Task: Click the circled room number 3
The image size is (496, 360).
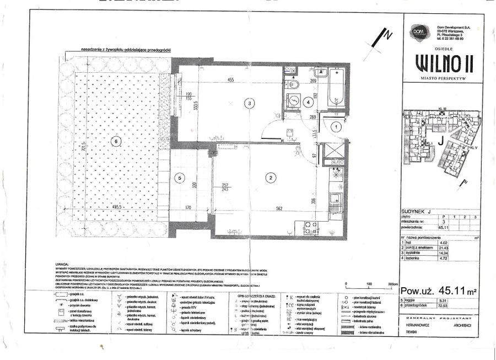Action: tap(250, 103)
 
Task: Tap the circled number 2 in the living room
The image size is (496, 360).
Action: tap(271, 178)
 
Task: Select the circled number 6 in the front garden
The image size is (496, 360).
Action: tap(115, 141)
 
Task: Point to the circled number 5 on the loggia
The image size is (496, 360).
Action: tap(179, 178)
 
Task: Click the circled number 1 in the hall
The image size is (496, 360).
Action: tap(336, 126)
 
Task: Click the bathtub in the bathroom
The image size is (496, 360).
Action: tap(336, 88)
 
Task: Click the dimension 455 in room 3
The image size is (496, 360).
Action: tap(231, 80)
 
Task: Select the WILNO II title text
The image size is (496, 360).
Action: tap(443, 63)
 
